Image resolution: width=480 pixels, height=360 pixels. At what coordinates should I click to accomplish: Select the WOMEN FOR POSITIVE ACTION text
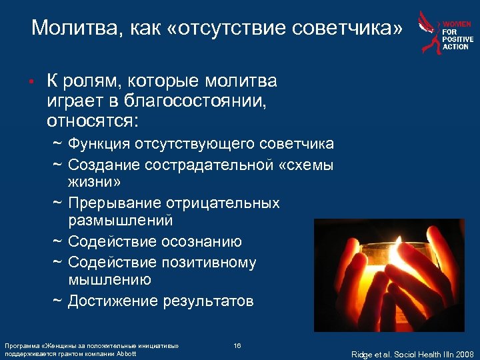[x=458, y=35]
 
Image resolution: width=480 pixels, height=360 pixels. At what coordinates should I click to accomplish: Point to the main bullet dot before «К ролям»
[x=30, y=83]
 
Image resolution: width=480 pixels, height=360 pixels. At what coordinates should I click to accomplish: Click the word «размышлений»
[x=121, y=221]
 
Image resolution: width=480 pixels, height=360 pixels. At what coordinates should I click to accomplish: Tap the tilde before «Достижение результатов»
[x=58, y=301]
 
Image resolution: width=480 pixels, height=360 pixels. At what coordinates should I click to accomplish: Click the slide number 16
[x=237, y=345]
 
